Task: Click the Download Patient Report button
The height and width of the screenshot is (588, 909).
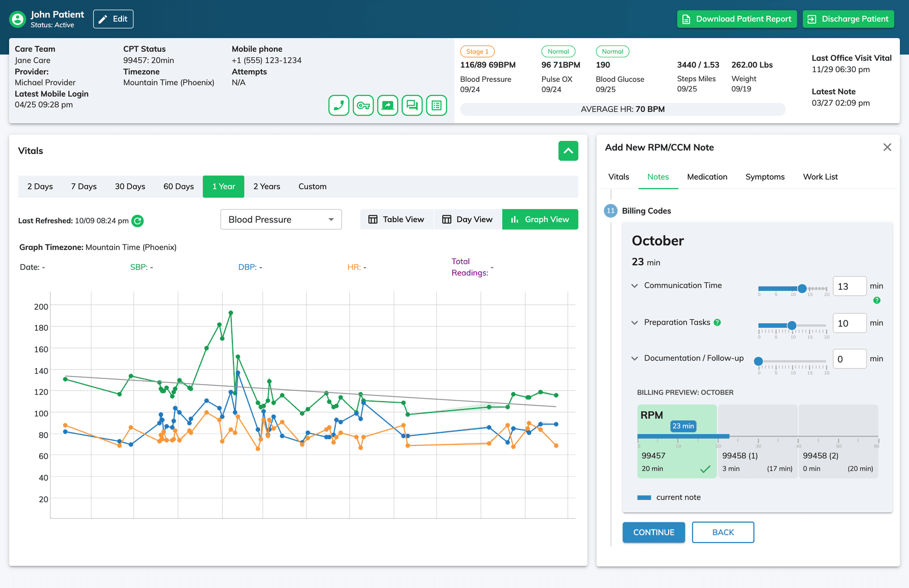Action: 737,19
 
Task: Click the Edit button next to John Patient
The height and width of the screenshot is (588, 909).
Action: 113,19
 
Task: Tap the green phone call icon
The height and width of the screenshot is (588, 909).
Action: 339,105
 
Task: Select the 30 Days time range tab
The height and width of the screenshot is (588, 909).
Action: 130,186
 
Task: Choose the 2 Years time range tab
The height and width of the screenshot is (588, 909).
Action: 266,186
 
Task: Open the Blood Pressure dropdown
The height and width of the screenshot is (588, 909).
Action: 281,219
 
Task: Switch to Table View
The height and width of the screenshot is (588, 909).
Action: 396,219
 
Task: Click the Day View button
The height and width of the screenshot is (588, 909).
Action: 468,219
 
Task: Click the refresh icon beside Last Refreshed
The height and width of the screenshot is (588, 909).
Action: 137,221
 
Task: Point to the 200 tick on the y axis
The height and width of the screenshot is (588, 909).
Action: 41,307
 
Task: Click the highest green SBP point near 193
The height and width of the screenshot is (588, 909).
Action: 231,312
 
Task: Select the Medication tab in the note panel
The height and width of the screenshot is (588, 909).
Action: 707,177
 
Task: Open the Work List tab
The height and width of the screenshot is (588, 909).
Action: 820,177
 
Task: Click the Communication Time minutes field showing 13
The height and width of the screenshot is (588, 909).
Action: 849,286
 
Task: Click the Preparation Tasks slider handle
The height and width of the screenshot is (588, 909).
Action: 791,326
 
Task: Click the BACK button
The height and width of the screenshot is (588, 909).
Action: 723,532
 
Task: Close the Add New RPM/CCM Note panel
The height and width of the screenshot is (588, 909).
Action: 887,147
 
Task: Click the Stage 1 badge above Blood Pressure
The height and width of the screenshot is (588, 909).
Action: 477,51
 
